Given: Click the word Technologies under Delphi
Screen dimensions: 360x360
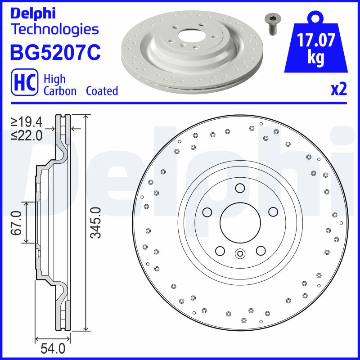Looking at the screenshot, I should point(54,30).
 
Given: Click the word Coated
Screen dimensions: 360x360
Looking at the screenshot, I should point(102,91).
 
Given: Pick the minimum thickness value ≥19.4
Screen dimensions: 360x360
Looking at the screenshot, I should point(27,122).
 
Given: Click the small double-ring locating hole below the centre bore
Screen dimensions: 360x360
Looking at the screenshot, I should point(240,253).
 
